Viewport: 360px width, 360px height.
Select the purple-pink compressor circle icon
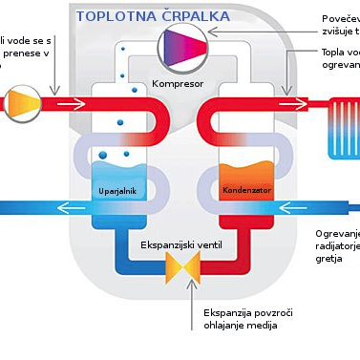pos(182,44)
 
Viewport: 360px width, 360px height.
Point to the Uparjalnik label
pos(118,190)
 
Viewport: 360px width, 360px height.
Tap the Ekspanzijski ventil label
pos(180,245)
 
